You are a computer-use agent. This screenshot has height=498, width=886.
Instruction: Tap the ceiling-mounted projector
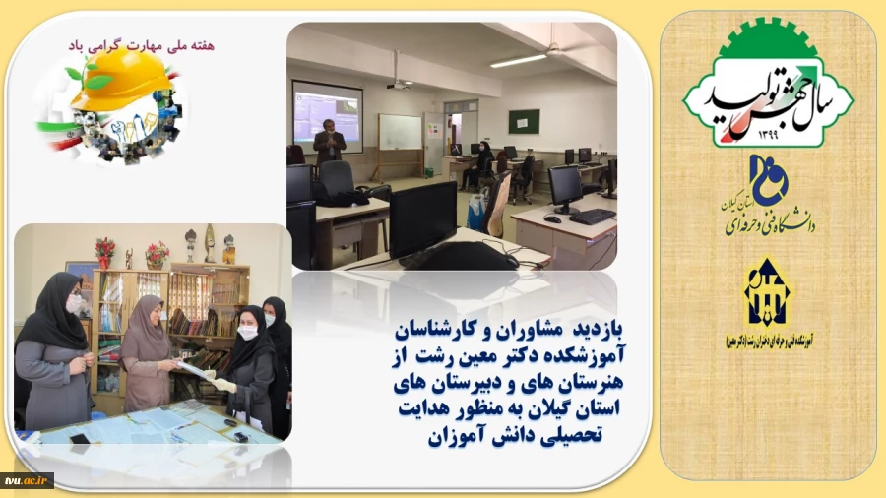(x=398, y=83)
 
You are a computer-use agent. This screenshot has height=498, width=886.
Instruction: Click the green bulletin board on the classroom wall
(x=524, y=121)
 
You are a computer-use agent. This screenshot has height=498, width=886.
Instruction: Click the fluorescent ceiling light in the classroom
(x=519, y=60)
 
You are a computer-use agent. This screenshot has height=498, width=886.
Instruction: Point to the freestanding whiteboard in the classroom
(x=400, y=133)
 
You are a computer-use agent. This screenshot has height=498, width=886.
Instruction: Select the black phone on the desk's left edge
(x=80, y=438)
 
